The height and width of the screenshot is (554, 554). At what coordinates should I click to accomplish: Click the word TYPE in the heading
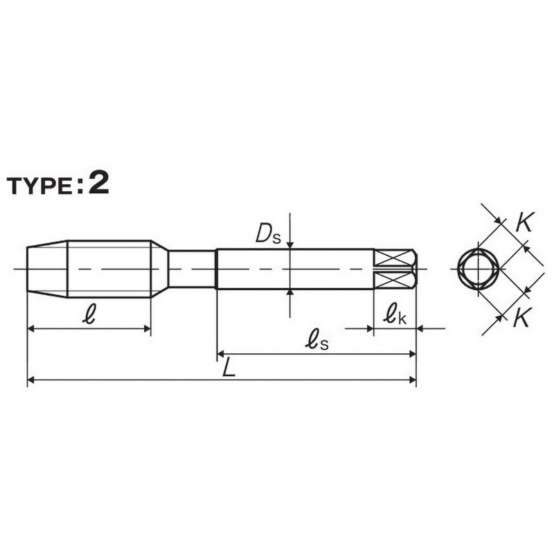[x=42, y=186]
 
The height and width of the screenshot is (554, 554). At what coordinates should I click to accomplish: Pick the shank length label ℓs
[x=316, y=339]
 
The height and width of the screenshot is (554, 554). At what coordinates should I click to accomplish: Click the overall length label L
[x=229, y=368]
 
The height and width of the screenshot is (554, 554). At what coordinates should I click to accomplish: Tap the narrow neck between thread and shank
[x=192, y=269]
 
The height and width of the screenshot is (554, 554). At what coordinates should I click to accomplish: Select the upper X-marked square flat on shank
[x=394, y=258]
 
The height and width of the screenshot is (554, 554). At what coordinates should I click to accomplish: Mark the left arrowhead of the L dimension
[x=30, y=379]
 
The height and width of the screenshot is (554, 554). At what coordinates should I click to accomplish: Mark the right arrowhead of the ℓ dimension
[x=147, y=329]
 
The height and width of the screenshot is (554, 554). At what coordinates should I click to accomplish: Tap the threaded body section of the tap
[x=109, y=269]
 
